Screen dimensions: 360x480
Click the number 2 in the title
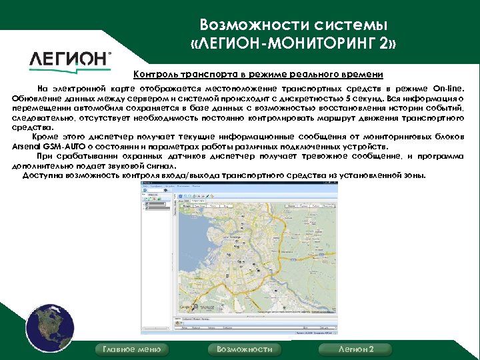coord(389,45)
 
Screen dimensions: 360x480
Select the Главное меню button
coord(132,349)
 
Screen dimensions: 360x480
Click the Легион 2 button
coord(356,349)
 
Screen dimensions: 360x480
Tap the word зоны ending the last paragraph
coord(412,175)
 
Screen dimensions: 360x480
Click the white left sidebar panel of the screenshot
coord(158,267)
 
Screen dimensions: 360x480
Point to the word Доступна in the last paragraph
coord(43,175)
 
